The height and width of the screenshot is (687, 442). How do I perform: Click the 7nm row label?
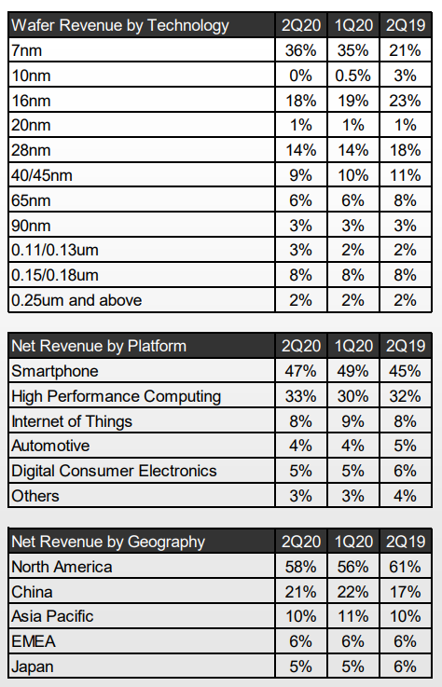coord(27,51)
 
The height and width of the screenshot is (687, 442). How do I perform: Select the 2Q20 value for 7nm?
coord(301,50)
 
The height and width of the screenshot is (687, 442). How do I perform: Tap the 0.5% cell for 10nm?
coord(353,76)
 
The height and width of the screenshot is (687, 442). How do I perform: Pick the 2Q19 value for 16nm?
coord(405,101)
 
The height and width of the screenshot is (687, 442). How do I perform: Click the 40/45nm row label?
coord(42,175)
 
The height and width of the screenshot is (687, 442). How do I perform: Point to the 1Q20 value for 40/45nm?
coord(353,175)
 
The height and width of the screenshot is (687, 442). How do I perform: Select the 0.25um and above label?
coord(76,300)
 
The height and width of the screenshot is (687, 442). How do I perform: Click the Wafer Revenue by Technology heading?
coord(119,25)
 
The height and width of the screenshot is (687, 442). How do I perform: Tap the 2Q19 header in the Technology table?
coord(406,25)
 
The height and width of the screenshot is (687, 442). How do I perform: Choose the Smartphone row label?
coord(55,371)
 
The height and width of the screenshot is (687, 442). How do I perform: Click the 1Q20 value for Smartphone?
coord(353,371)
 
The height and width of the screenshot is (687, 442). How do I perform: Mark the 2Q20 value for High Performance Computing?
coord(301,396)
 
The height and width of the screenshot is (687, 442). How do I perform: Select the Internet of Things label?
coord(72,421)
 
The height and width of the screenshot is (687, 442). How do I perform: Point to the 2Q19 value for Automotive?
coord(405,446)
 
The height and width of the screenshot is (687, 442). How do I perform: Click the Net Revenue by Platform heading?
coord(99,346)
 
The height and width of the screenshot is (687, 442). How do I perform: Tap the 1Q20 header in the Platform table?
coord(353,346)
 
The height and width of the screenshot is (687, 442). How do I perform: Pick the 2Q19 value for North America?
coord(405,567)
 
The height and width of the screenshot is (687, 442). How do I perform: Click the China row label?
coord(32,592)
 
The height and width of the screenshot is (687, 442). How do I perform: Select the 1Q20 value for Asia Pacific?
coord(353,616)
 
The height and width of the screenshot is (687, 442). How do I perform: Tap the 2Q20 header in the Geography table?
coord(301,542)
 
